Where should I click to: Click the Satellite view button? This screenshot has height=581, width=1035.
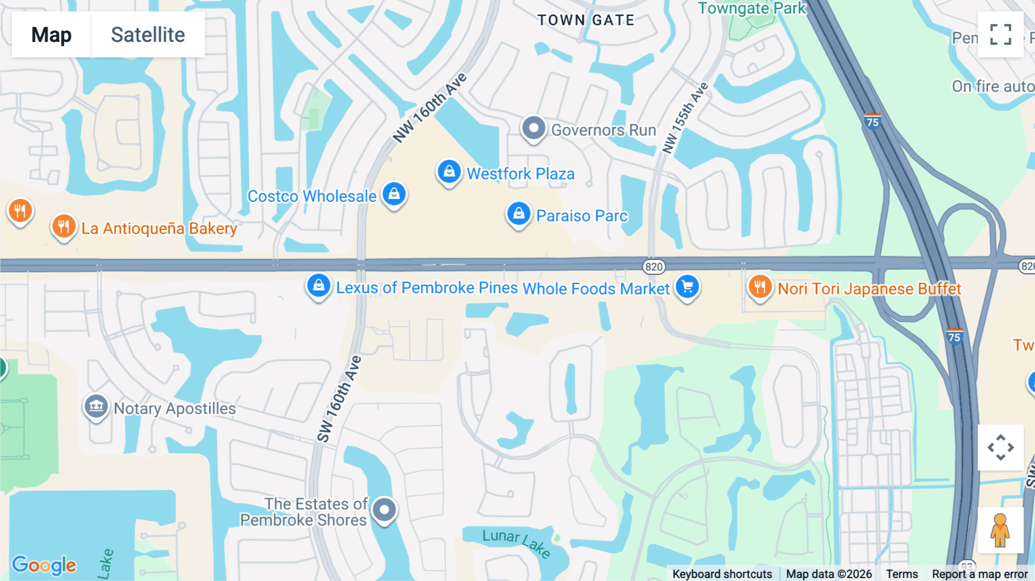[x=148, y=35]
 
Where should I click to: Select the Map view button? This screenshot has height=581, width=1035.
[x=51, y=35]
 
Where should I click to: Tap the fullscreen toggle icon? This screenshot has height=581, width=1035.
[x=1000, y=35]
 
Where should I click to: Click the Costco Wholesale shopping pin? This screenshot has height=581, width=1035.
[x=394, y=194]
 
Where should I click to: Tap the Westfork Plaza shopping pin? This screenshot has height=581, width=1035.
[x=449, y=171]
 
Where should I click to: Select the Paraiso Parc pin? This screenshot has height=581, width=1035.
[x=518, y=214]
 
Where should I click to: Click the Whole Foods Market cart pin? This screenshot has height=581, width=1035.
[x=687, y=286]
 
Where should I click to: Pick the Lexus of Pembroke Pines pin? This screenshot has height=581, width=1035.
[x=319, y=285]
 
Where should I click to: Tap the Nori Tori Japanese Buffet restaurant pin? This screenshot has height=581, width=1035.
[x=760, y=286]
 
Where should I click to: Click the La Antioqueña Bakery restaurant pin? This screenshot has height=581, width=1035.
[x=64, y=227]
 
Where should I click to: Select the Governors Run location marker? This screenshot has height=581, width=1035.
[x=534, y=128]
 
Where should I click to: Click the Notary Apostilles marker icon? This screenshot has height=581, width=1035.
[x=96, y=407]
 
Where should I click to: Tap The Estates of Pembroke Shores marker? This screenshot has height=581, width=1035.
[x=384, y=510]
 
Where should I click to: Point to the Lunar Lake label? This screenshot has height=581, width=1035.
[x=516, y=542]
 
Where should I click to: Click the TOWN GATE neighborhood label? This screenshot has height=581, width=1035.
[x=586, y=20]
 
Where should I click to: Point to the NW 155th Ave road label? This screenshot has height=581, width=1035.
[x=685, y=119]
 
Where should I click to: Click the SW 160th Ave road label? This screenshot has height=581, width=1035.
[x=339, y=399]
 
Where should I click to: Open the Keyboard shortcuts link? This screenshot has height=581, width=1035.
[x=722, y=574]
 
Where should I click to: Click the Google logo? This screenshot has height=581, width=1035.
[x=44, y=565]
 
